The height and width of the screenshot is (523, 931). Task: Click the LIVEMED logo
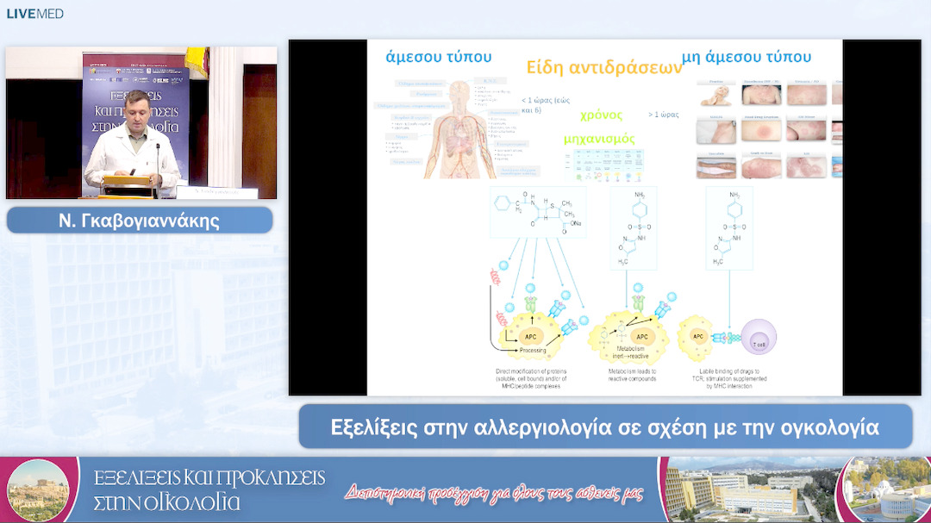35,14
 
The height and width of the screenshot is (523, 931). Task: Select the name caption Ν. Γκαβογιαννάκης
140,221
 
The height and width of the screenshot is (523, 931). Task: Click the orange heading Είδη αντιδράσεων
604,68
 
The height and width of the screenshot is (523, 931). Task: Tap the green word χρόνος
601,115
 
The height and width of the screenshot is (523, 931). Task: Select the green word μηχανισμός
599,139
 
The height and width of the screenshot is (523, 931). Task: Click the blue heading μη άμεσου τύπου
747,58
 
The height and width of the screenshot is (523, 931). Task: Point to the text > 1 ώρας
663,115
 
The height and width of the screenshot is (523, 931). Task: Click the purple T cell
759,337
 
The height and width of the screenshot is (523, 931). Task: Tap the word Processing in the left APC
532,351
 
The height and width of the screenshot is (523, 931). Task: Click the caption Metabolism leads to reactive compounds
632,375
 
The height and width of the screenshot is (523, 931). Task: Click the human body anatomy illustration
459,129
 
